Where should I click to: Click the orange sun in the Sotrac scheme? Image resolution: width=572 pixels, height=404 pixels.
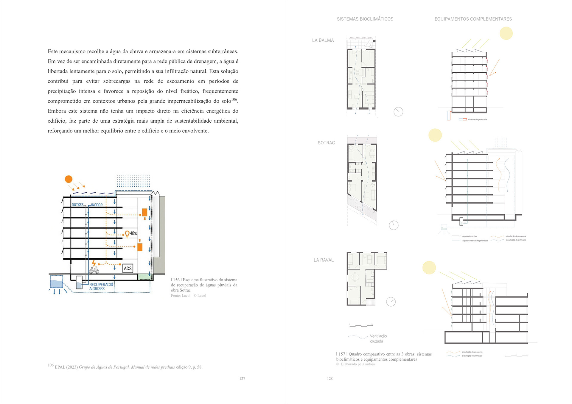pyautogui.click(x=69, y=179)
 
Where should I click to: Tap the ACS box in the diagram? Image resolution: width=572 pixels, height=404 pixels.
pyautogui.click(x=128, y=268)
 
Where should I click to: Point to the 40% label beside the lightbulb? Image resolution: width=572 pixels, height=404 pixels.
pyautogui.click(x=133, y=233)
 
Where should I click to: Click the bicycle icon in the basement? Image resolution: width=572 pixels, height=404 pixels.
pyautogui.click(x=94, y=270)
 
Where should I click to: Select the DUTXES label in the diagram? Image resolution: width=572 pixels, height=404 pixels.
pyautogui.click(x=77, y=205)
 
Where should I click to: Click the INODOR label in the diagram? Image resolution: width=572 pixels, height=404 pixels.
pyautogui.click(x=97, y=205)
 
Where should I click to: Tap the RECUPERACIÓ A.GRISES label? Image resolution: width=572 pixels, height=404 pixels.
pyautogui.click(x=101, y=286)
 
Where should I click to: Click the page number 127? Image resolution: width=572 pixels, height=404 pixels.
pyautogui.click(x=242, y=378)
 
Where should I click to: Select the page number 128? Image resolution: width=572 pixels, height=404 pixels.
pyautogui.click(x=329, y=378)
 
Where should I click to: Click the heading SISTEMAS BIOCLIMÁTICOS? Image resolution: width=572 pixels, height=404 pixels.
pyautogui.click(x=365, y=19)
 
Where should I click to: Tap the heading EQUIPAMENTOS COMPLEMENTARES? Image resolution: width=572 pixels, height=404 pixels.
pyautogui.click(x=473, y=19)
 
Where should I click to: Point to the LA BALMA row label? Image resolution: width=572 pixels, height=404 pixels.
pyautogui.click(x=323, y=40)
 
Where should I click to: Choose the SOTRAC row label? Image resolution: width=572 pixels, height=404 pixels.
pyautogui.click(x=326, y=143)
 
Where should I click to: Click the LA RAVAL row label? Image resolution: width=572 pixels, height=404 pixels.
pyautogui.click(x=324, y=260)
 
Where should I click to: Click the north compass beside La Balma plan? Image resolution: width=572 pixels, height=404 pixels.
pyautogui.click(x=398, y=112)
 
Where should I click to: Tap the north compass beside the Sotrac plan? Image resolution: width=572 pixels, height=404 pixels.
pyautogui.click(x=394, y=225)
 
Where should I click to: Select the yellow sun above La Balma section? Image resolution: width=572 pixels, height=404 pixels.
pyautogui.click(x=506, y=33)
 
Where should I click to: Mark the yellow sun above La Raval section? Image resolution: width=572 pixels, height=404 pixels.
pyautogui.click(x=429, y=267)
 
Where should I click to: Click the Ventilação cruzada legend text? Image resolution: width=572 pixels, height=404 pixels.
pyautogui.click(x=378, y=339)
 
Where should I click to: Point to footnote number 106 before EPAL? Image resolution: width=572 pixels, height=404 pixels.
pyautogui.click(x=51, y=365)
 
